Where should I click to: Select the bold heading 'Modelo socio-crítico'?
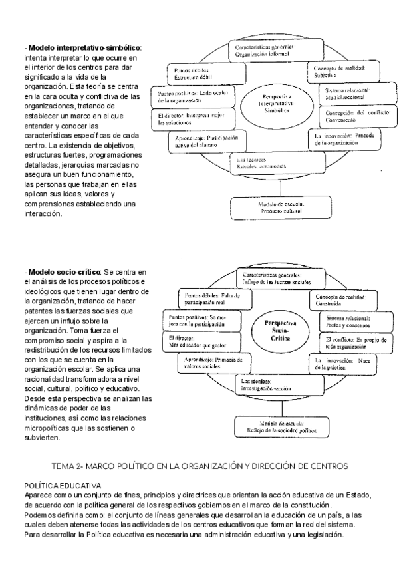click(x=64, y=273)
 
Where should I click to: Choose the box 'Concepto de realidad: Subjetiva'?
click(x=338, y=71)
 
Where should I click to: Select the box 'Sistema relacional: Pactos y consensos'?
click(x=348, y=321)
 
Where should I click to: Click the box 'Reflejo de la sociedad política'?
click(x=274, y=427)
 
